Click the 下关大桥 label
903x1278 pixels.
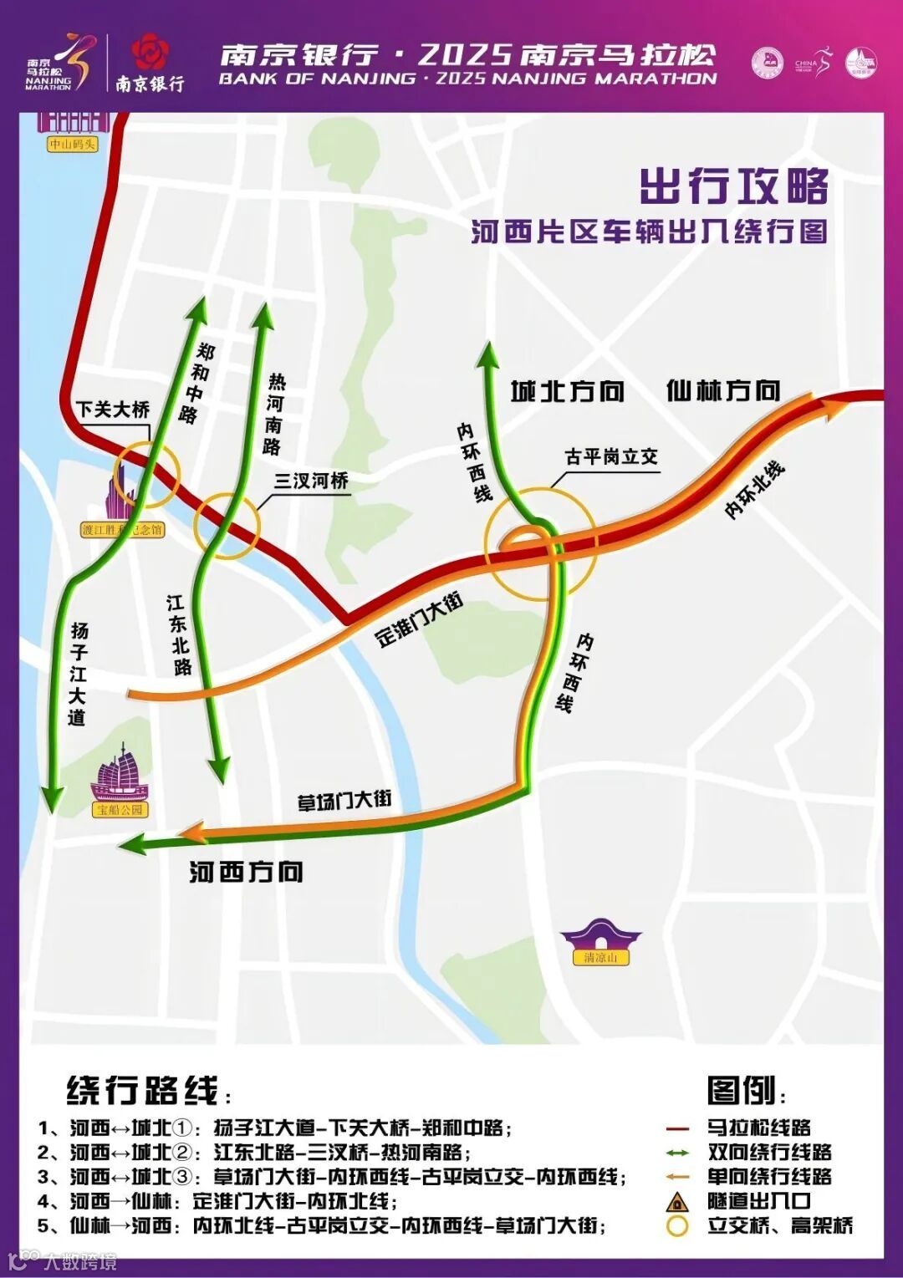(113, 409)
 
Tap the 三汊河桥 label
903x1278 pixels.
(311, 481)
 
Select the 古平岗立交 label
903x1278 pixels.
(611, 456)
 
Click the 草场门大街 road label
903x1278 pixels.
(344, 800)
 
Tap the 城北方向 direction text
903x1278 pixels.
(568, 391)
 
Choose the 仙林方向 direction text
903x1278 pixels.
(723, 390)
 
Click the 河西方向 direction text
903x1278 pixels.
(246, 872)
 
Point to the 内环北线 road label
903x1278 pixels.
(754, 490)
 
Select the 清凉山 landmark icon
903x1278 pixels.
(600, 939)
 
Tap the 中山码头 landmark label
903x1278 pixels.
(72, 144)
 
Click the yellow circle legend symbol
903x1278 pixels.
(676, 1226)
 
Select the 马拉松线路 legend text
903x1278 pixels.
(759, 1128)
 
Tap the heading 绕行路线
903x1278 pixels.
(142, 1091)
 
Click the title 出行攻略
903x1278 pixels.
(734, 186)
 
